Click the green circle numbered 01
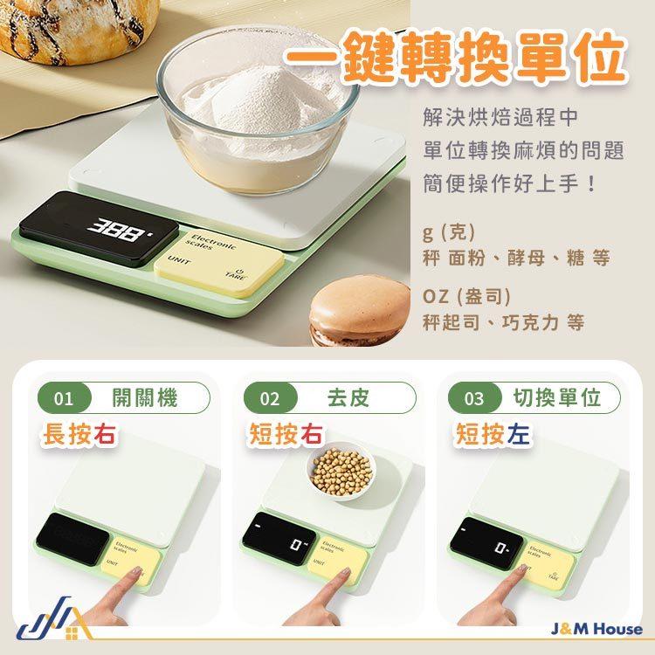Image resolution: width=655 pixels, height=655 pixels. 62,400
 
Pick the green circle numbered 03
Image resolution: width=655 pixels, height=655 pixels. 473,400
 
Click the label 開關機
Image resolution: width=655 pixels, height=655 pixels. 145,399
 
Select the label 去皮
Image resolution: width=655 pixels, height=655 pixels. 348,399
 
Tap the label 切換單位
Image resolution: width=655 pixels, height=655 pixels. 557,399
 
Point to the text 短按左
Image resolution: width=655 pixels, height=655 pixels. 491,434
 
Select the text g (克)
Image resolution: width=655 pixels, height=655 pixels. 447,232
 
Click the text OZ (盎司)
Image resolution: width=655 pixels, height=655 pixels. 465,296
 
